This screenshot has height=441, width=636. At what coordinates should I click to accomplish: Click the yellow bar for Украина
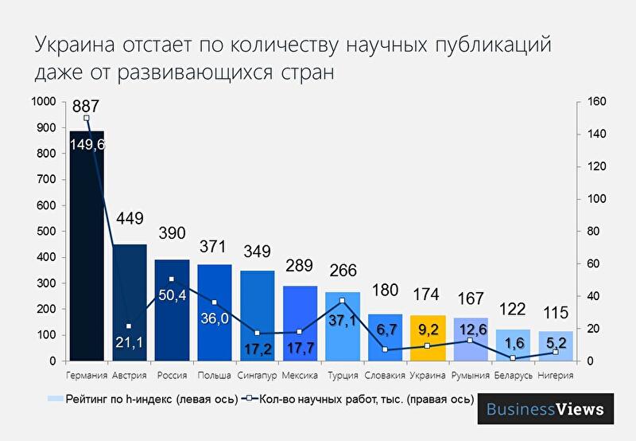tap(427, 338)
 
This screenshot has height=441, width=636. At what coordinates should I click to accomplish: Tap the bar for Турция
tap(342, 326)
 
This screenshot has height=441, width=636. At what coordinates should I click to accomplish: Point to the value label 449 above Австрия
tap(130, 218)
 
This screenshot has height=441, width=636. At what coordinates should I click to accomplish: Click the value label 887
tap(86, 107)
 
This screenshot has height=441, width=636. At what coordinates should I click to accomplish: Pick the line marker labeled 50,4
tap(172, 279)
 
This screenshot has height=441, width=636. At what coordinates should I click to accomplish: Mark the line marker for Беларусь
tap(513, 358)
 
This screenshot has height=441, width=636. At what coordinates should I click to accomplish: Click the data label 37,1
tap(343, 319)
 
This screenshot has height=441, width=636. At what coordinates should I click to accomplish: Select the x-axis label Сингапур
tap(256, 375)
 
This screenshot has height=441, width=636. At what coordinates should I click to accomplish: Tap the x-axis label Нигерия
tap(555, 375)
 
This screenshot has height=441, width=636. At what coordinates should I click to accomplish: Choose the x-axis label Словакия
tap(385, 375)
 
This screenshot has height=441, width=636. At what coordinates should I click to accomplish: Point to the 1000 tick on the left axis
tap(44, 102)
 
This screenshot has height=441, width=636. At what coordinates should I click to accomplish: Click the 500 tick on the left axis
tap(47, 232)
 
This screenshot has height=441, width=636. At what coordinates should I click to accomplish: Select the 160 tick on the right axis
tap(596, 102)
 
